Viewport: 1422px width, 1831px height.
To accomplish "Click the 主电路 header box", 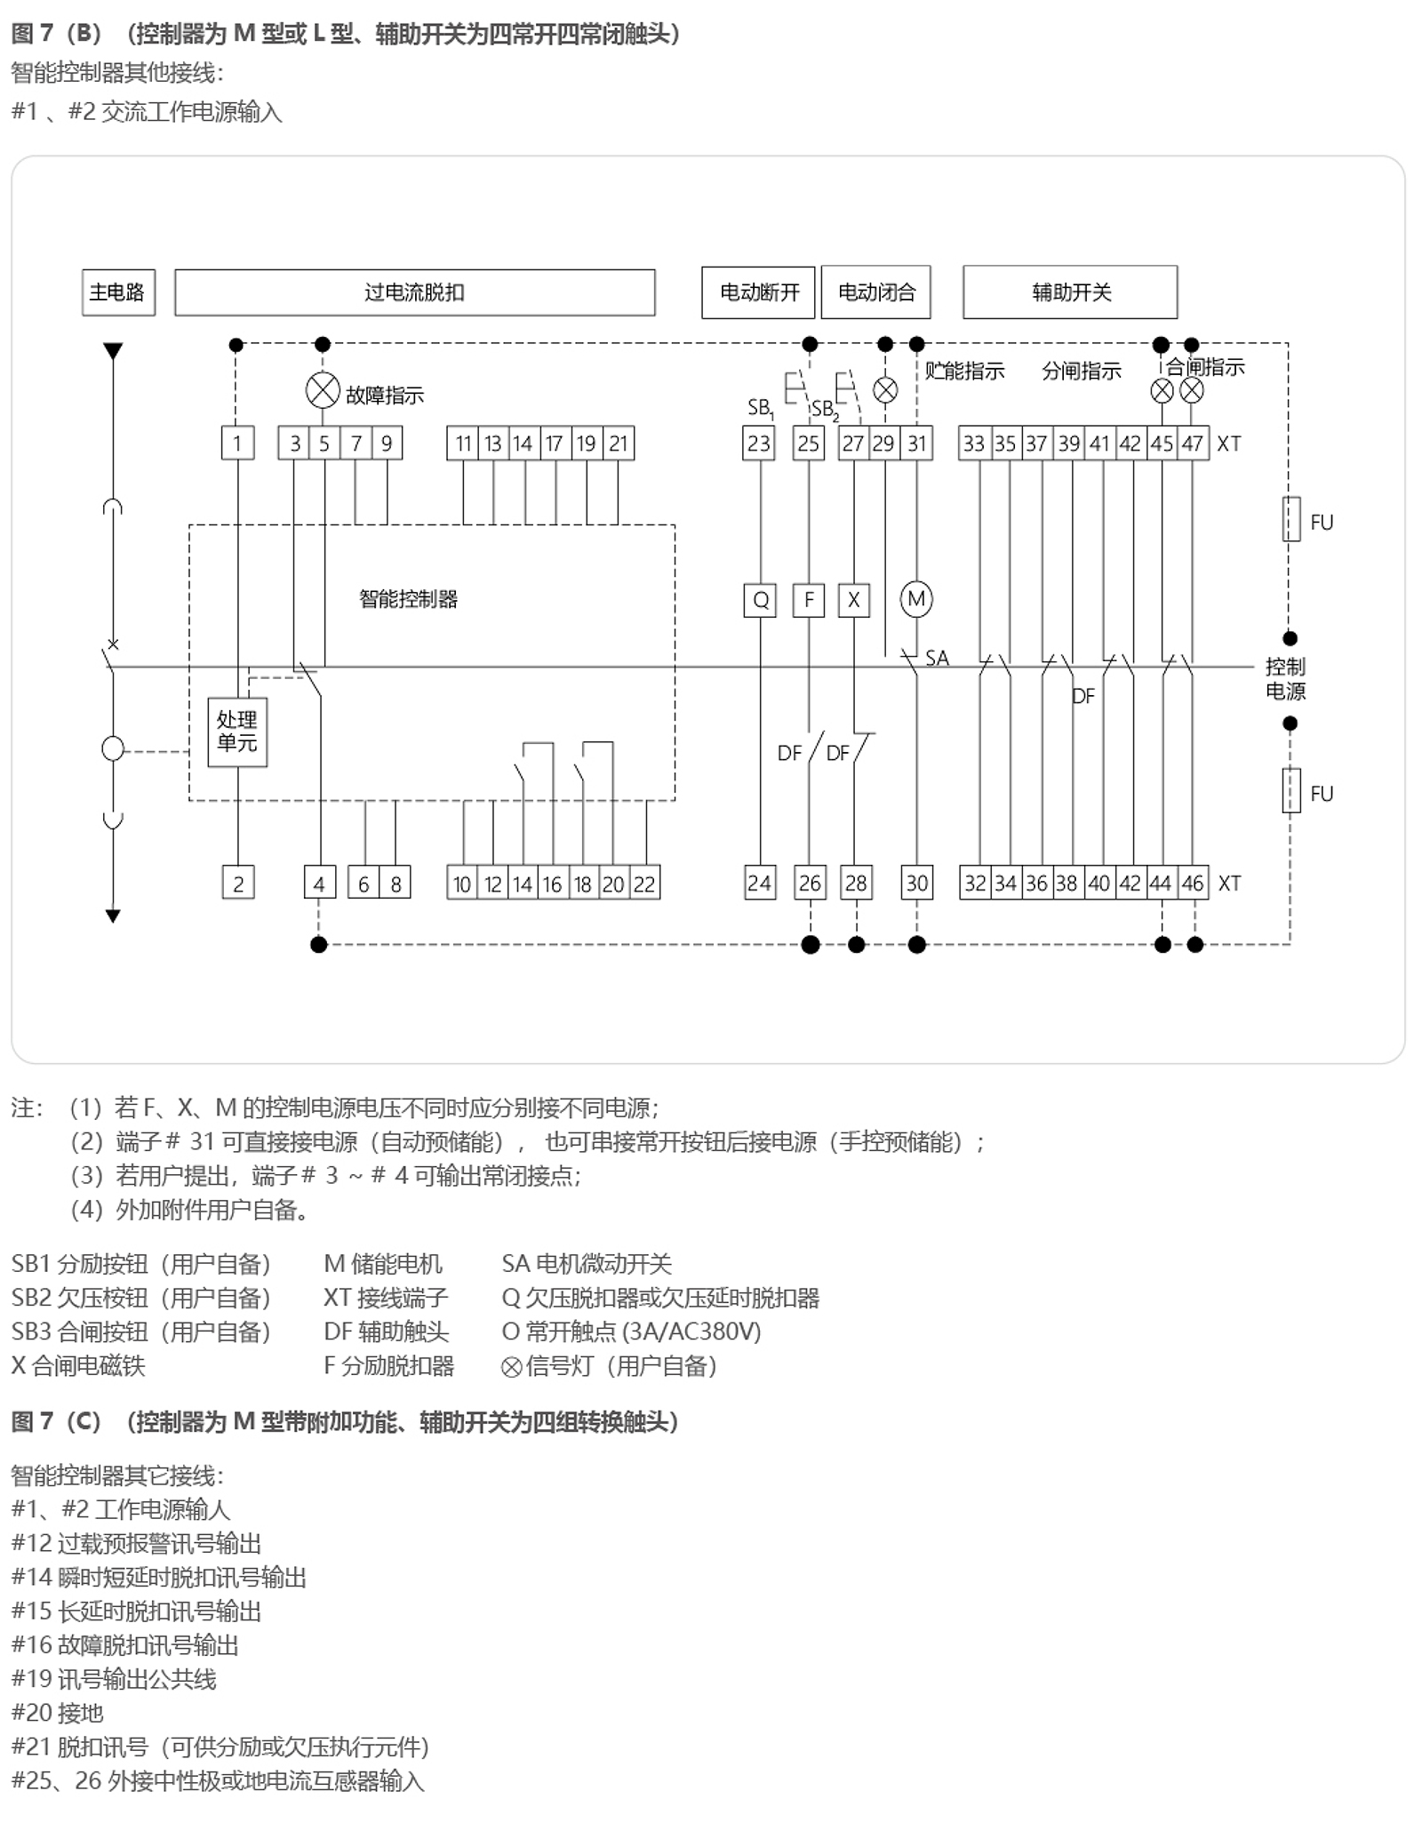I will tap(118, 292).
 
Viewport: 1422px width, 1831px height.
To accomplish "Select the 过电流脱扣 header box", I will tap(414, 292).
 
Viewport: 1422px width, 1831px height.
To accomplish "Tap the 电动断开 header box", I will tap(758, 292).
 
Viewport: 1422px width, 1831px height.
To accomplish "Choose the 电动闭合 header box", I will tap(875, 292).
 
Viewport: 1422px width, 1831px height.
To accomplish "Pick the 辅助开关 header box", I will tap(1070, 292).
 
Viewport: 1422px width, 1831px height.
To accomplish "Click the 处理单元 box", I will tap(237, 732).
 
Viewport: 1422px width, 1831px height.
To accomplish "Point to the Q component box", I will tap(760, 600).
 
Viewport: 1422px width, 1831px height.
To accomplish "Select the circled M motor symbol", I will tap(916, 599).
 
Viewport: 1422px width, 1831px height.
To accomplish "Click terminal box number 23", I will tap(758, 444).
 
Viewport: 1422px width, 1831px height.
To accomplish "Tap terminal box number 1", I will tap(237, 444).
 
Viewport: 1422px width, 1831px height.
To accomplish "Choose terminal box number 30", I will tap(916, 884).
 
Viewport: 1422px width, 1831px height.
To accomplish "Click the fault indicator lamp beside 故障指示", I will tap(323, 391).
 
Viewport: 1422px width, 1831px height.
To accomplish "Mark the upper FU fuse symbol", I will tap(1291, 520).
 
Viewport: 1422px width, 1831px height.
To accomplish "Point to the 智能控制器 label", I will tap(408, 599).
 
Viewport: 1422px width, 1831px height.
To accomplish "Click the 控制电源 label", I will tap(1285, 679).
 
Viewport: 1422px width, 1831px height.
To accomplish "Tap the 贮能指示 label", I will tap(964, 371).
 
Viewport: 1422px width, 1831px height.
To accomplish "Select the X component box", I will tap(853, 600).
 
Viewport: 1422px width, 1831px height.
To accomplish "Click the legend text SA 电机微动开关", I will tap(587, 1264).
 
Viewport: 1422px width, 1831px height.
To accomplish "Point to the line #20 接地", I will tap(58, 1713).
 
